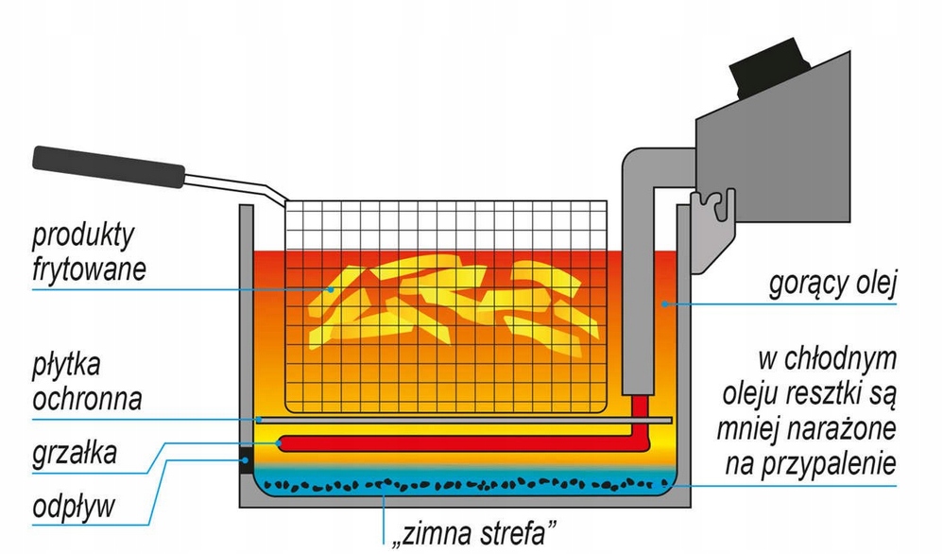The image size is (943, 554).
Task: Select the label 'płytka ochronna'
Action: (86, 382)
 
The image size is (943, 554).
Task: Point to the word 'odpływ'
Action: (73, 507)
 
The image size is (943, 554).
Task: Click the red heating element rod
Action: (454, 441)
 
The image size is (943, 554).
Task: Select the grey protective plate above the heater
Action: (463, 419)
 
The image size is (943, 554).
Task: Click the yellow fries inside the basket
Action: (444, 303)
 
